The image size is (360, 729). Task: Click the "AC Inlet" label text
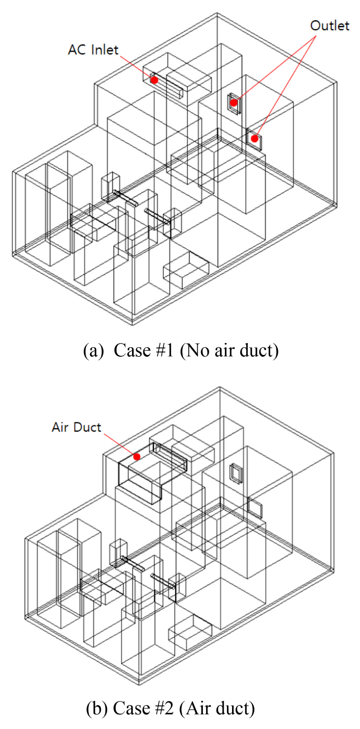click(93, 50)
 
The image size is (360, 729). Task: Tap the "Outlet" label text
click(330, 26)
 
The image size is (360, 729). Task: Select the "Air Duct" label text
click(76, 427)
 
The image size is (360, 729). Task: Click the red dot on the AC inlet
click(154, 80)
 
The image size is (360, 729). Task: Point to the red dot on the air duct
click(137, 457)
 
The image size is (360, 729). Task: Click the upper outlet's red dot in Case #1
click(233, 102)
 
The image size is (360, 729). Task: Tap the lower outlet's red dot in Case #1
click(254, 139)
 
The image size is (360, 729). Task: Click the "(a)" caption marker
click(93, 351)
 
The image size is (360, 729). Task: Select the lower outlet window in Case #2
click(255, 508)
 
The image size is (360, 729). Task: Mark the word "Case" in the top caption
click(132, 351)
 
